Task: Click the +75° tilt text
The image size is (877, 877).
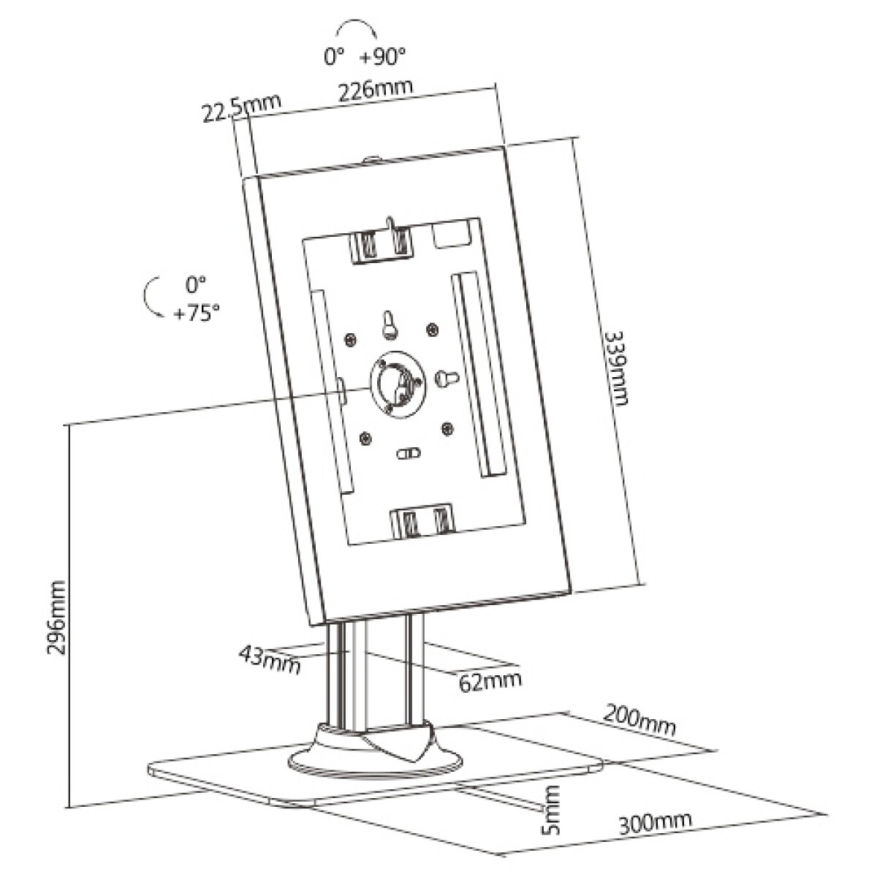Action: point(196,314)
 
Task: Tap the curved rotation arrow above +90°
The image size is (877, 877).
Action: point(355,28)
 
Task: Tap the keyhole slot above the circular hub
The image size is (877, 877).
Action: point(390,326)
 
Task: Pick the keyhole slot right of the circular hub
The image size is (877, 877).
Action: point(447,378)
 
